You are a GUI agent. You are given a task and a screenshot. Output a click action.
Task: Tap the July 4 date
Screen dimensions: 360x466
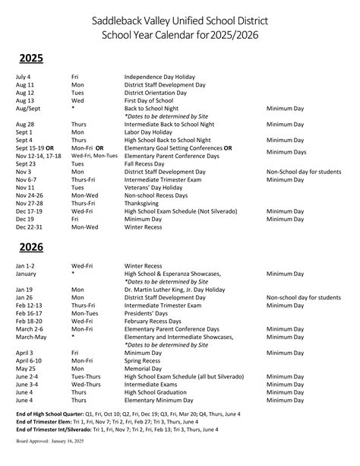click(x=24, y=77)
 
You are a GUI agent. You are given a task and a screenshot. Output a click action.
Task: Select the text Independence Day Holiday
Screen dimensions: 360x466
click(x=159, y=77)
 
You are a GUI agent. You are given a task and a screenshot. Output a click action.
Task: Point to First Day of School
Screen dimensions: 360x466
click(x=150, y=100)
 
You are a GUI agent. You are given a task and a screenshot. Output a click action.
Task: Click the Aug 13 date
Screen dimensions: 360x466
click(x=25, y=100)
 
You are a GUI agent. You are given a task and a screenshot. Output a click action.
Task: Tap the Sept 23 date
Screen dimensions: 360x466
click(x=25, y=163)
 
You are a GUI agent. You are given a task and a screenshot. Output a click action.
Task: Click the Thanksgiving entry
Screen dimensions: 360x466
click(x=144, y=203)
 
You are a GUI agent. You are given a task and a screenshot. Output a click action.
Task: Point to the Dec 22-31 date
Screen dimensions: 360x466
click(x=30, y=227)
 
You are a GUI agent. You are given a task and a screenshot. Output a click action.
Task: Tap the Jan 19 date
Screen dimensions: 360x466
click(x=24, y=290)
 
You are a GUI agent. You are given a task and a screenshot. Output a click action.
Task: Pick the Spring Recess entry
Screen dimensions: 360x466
click(x=144, y=361)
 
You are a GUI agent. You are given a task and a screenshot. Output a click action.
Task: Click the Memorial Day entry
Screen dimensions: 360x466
click(x=144, y=369)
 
